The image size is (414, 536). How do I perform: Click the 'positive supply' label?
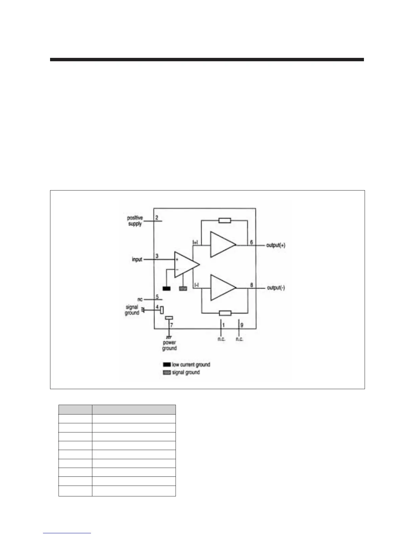[135, 221]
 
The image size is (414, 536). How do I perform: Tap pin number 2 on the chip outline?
[157, 217]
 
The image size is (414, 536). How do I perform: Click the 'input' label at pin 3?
[137, 260]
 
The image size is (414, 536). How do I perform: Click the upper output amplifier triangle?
[222, 245]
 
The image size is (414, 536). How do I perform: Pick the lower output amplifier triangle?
[222, 288]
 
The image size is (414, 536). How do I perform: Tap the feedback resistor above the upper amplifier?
[225, 221]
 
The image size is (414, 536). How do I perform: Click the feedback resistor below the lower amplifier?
[225, 313]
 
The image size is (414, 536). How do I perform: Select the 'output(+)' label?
[276, 245]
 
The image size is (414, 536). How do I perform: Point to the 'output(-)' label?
[276, 288]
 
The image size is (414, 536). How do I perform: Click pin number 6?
[251, 242]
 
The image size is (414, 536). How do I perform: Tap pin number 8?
[251, 285]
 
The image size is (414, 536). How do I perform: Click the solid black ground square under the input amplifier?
[166, 289]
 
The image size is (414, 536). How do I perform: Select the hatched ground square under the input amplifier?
[183, 289]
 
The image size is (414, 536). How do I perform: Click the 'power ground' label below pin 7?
[169, 345]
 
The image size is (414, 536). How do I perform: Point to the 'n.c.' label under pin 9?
[239, 339]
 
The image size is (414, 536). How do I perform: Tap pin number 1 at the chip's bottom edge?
[223, 325]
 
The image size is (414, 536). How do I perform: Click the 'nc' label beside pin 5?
[140, 299]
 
